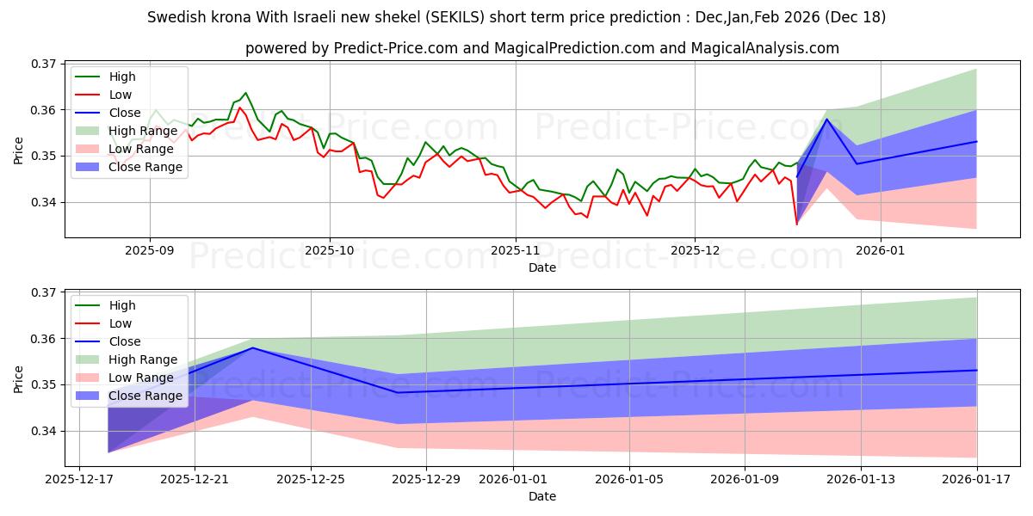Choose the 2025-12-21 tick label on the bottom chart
(194, 478)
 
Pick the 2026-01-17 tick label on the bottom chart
(977, 478)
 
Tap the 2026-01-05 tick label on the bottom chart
(629, 478)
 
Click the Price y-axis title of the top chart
(19, 150)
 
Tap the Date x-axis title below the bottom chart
(542, 496)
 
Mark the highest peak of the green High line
(245, 93)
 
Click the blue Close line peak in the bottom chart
(252, 347)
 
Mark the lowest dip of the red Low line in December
(796, 224)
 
